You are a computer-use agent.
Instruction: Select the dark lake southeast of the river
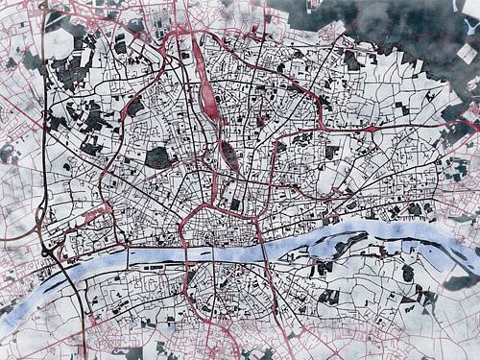(408, 273)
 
